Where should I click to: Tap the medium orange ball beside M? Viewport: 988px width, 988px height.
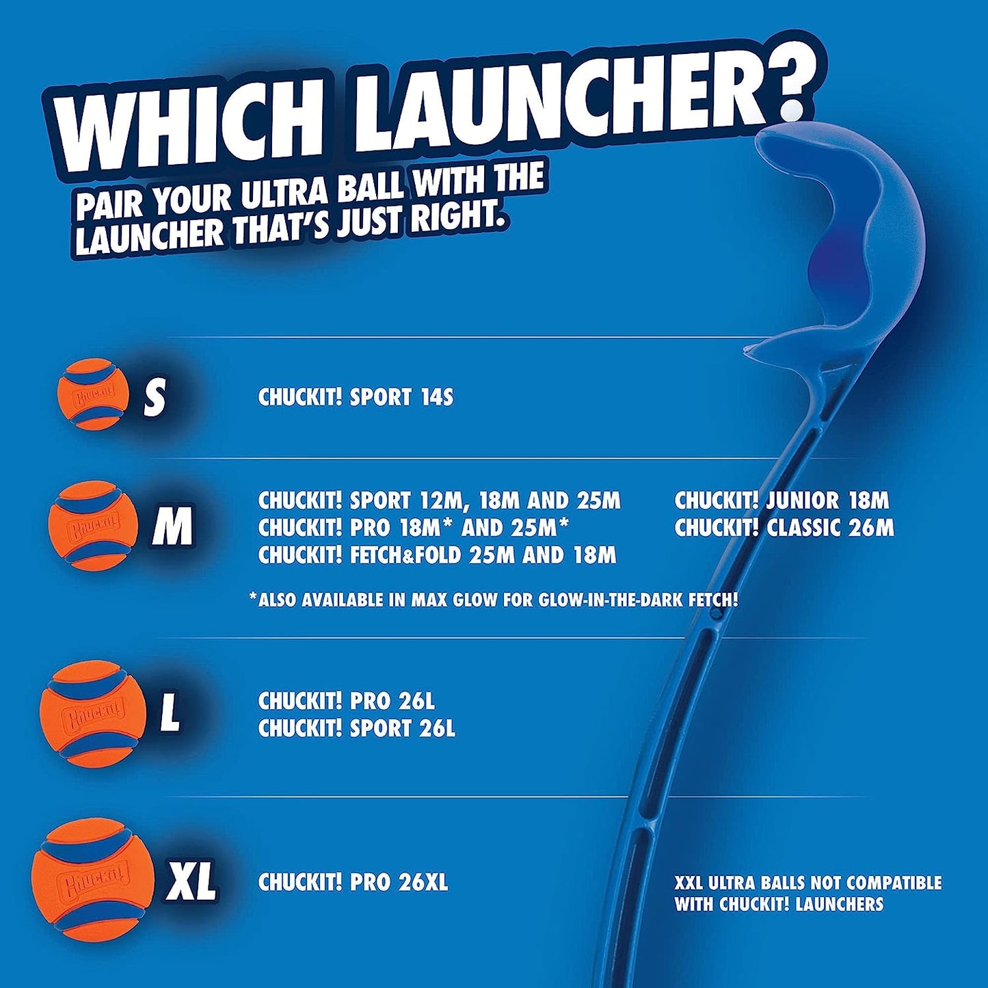(x=94, y=525)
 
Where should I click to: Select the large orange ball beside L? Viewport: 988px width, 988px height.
(x=93, y=714)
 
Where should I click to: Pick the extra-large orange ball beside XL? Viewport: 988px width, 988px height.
(x=93, y=879)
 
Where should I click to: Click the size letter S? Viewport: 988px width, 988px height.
(x=155, y=398)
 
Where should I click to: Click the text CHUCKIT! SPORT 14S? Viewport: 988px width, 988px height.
(x=356, y=397)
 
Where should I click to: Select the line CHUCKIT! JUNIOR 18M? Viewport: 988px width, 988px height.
(x=782, y=500)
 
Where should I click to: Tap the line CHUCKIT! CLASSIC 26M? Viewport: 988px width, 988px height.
(x=784, y=528)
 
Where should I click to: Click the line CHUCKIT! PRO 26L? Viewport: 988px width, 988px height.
(x=346, y=702)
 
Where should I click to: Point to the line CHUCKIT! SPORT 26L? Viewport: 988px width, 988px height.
(x=356, y=729)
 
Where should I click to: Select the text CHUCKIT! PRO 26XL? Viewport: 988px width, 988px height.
(x=353, y=882)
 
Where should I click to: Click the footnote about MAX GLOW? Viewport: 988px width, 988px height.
(x=493, y=600)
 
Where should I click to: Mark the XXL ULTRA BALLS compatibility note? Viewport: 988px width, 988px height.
(x=807, y=893)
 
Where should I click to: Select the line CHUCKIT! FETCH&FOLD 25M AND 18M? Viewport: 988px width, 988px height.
(x=437, y=555)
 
